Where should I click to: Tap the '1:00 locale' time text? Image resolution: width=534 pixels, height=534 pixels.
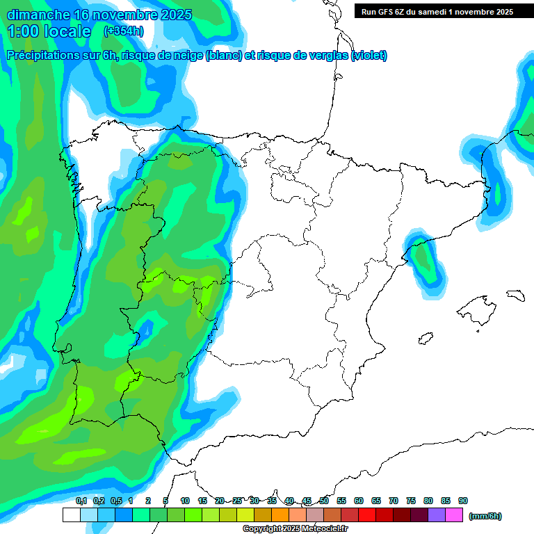click(x=49, y=31)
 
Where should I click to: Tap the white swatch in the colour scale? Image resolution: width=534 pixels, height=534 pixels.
click(x=71, y=515)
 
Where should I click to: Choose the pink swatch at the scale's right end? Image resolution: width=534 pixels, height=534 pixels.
click(x=454, y=515)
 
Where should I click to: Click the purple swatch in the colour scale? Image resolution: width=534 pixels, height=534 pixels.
click(x=437, y=515)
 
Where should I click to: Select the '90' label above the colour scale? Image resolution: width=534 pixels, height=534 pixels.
click(x=463, y=501)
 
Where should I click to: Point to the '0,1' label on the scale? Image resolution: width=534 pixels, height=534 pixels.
click(x=81, y=501)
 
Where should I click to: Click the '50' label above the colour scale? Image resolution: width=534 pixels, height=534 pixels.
click(x=324, y=501)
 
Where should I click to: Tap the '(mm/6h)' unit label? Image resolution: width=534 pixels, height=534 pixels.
click(x=485, y=516)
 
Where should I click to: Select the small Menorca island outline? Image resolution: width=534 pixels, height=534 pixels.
click(x=515, y=295)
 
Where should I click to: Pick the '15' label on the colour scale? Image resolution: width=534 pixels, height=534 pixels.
click(x=202, y=501)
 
